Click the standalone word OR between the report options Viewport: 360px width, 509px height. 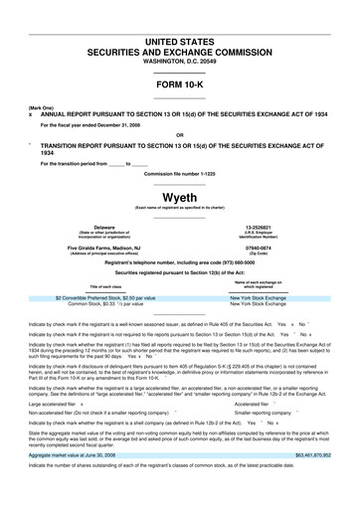click(x=179, y=135)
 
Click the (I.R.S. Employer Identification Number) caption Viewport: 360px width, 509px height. click(x=259, y=236)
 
